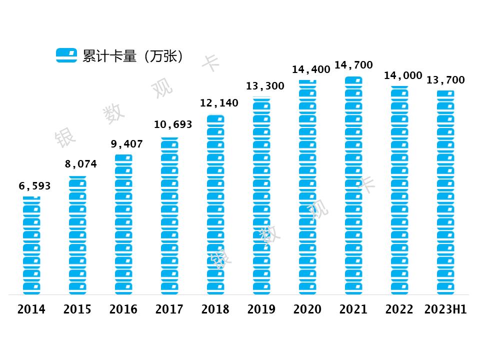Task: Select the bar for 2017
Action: click(169, 216)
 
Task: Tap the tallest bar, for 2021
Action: click(353, 185)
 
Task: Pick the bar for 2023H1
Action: click(445, 192)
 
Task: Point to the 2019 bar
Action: click(261, 196)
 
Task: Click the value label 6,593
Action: click(34, 186)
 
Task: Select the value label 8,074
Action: click(80, 164)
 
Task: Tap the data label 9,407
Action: click(126, 144)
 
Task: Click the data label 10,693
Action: click(172, 124)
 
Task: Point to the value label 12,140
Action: click(219, 103)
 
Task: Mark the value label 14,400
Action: click(311, 69)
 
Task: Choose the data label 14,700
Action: click(353, 65)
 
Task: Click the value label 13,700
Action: click(445, 80)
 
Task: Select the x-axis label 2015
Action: click(77, 309)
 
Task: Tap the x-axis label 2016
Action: click(123, 309)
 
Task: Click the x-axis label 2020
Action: click(307, 309)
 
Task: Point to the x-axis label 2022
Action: click(399, 309)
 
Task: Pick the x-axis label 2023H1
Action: click(445, 309)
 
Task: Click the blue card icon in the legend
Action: click(66, 55)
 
